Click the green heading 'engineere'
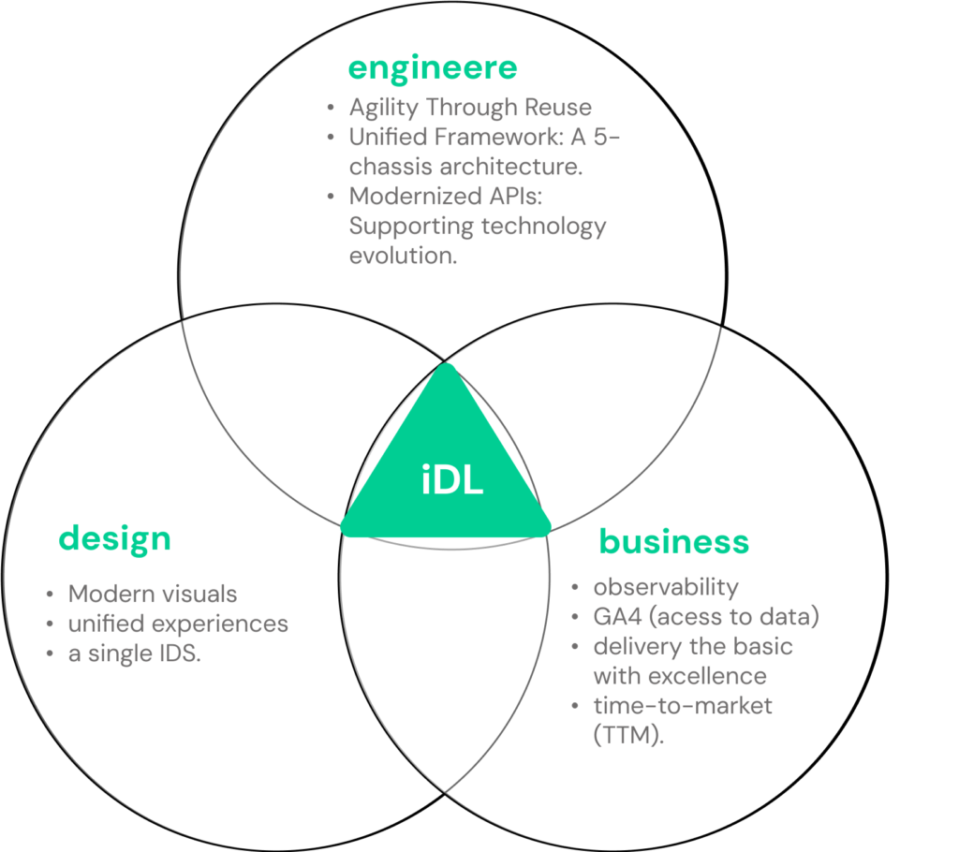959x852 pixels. pyautogui.click(x=433, y=68)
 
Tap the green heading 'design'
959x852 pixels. pyautogui.click(x=114, y=539)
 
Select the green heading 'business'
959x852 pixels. pyautogui.click(x=674, y=541)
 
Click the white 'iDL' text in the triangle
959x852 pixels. pyautogui.click(x=452, y=479)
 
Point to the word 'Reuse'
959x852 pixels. pyautogui.click(x=558, y=107)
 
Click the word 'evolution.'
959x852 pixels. pyautogui.click(x=403, y=256)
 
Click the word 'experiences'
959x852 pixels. pyautogui.click(x=220, y=624)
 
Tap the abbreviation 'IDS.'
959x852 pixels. pyautogui.click(x=180, y=654)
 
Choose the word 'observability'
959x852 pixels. pyautogui.click(x=666, y=587)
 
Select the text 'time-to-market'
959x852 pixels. pyautogui.click(x=683, y=706)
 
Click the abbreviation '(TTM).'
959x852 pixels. pyautogui.click(x=628, y=735)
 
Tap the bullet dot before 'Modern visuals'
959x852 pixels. pyautogui.click(x=51, y=595)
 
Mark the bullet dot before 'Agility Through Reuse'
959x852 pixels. pyautogui.click(x=331, y=108)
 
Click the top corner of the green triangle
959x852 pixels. pyautogui.click(x=447, y=365)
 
